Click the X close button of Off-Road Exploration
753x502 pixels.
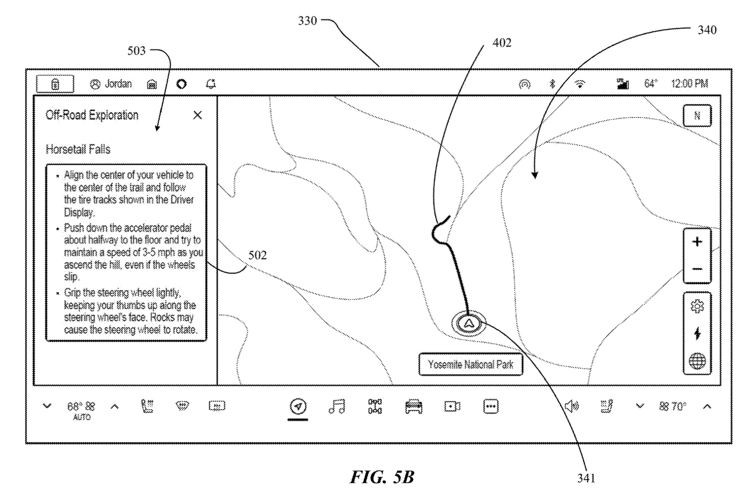point(197,115)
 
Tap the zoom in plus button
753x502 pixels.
point(697,242)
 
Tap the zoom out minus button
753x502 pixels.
point(697,269)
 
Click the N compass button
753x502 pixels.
point(697,115)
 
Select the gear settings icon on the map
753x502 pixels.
point(697,306)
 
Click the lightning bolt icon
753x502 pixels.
point(697,334)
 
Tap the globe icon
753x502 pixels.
point(697,361)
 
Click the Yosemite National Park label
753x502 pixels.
point(470,364)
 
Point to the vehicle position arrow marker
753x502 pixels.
point(468,323)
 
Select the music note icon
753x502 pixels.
point(337,406)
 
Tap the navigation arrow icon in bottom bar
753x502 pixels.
point(298,406)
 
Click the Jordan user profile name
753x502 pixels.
point(118,84)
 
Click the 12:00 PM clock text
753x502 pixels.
point(689,84)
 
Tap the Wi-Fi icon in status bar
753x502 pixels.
point(580,84)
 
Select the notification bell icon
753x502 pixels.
point(211,84)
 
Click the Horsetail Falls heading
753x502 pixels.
point(78,149)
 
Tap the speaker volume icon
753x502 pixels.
point(571,406)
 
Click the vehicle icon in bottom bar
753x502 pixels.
point(414,407)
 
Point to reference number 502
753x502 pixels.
point(257,255)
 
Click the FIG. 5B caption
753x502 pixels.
point(382,477)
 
